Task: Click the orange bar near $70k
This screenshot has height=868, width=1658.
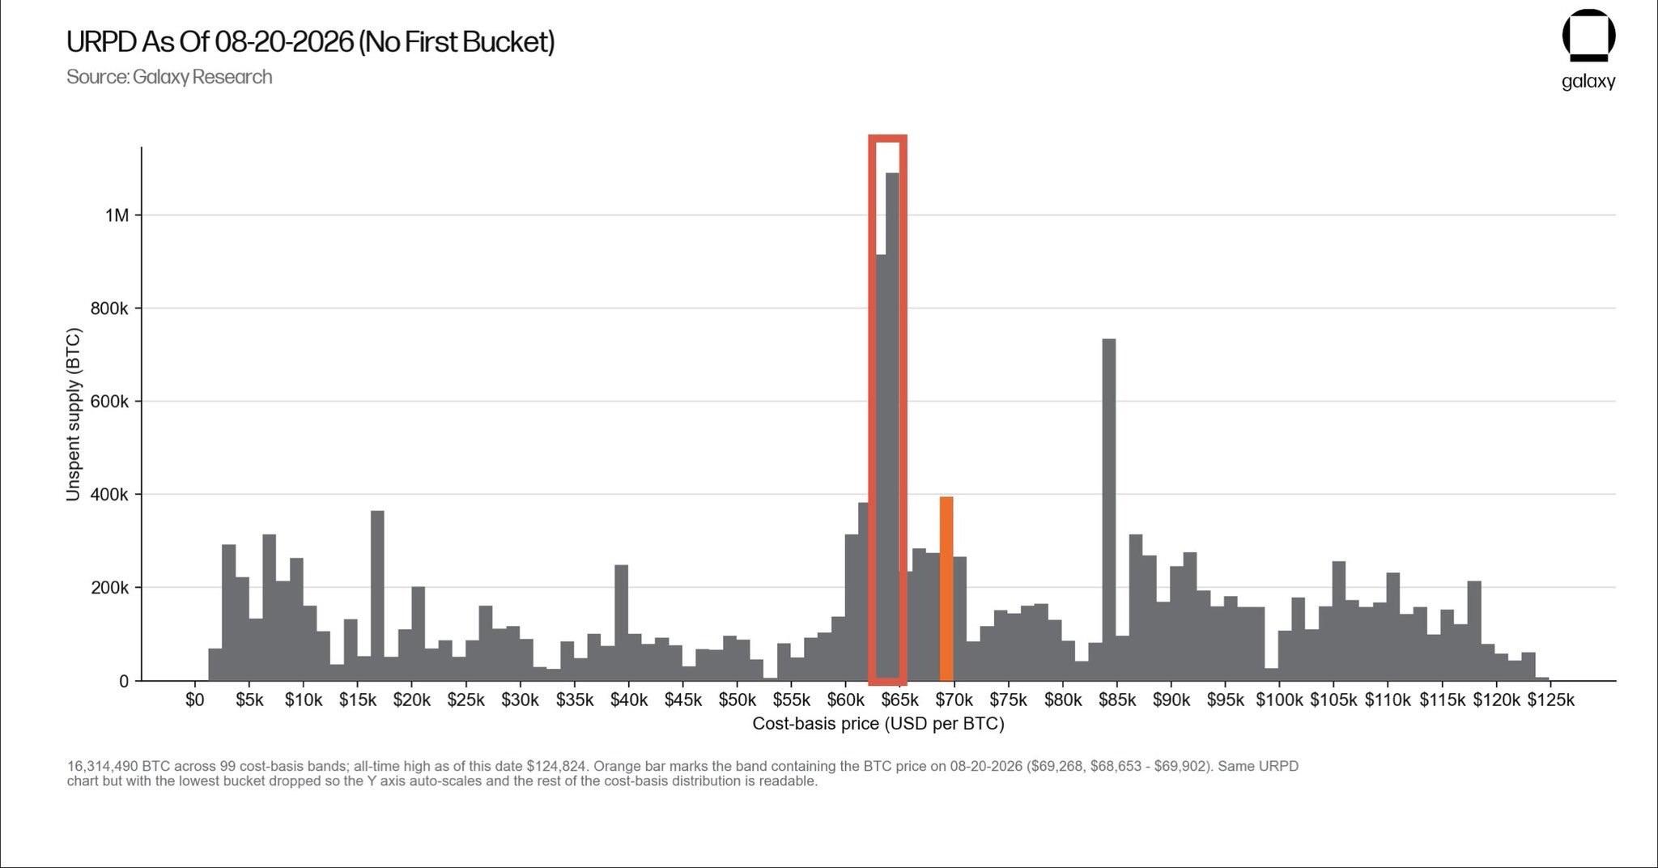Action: [x=946, y=589]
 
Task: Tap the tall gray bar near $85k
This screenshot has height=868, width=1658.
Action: [x=1109, y=510]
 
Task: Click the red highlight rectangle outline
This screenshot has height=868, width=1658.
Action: [x=872, y=410]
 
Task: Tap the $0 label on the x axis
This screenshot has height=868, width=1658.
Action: [x=194, y=700]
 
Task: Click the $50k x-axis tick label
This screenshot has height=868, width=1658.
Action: [x=737, y=700]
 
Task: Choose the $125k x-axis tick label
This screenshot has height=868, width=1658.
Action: [x=1550, y=700]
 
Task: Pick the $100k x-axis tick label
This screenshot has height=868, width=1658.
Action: [x=1279, y=700]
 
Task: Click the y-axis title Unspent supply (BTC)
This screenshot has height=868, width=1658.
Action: [x=74, y=414]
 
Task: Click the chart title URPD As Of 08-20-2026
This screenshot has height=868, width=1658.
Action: [x=310, y=41]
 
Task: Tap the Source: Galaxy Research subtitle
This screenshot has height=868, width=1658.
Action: [x=169, y=77]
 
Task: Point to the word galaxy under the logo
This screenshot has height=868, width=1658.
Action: [x=1588, y=82]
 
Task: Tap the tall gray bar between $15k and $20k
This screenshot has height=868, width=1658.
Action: [x=377, y=596]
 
